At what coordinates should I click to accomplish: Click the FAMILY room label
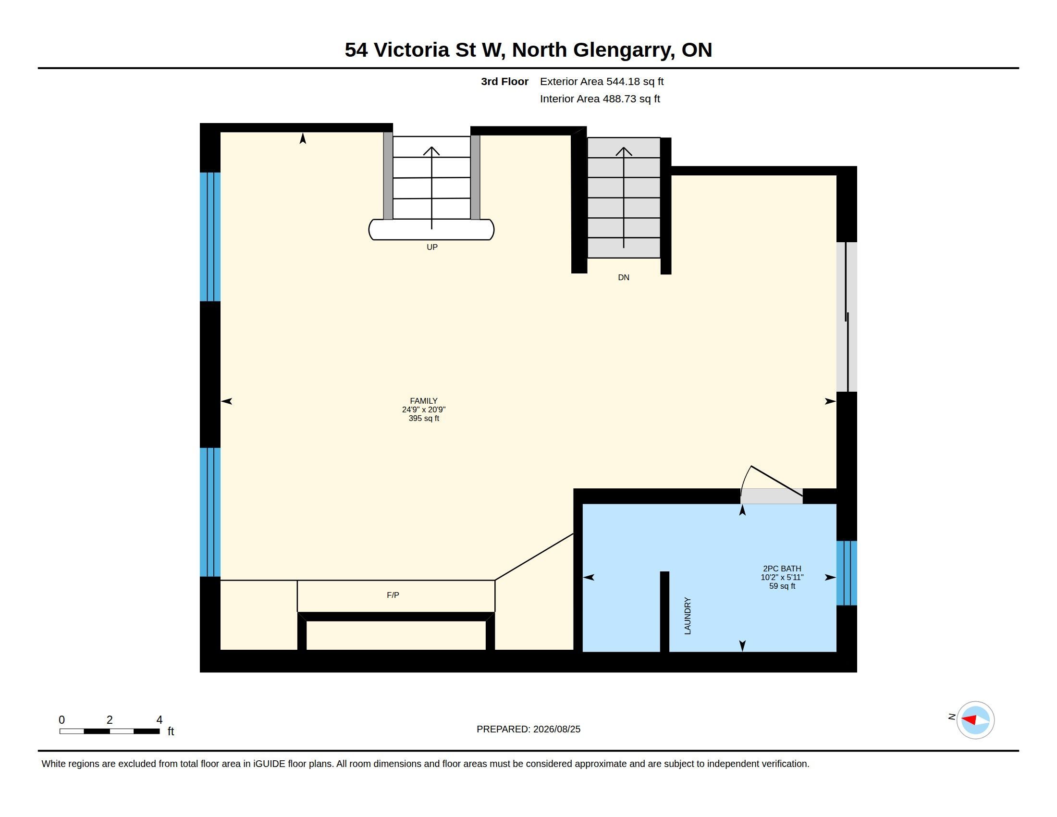423,401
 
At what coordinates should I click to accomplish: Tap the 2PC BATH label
782,569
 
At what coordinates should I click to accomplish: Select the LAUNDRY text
688,616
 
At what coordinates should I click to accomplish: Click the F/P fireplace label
393,595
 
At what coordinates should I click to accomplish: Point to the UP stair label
432,248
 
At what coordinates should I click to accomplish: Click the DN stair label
623,277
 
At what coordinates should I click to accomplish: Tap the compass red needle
969,720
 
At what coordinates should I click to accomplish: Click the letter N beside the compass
951,717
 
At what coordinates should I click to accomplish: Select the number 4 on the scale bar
159,720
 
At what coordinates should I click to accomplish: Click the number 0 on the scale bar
61,720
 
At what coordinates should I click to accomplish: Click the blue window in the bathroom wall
847,573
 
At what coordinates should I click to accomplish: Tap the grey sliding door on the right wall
847,317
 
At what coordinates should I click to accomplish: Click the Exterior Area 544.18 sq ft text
602,81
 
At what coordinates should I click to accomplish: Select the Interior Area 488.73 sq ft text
600,99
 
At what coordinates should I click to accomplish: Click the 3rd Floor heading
504,81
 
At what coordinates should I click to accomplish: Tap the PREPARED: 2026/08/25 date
528,729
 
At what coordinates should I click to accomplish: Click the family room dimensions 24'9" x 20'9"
423,409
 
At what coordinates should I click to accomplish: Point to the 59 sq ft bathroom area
782,586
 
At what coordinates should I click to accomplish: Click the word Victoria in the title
411,50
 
